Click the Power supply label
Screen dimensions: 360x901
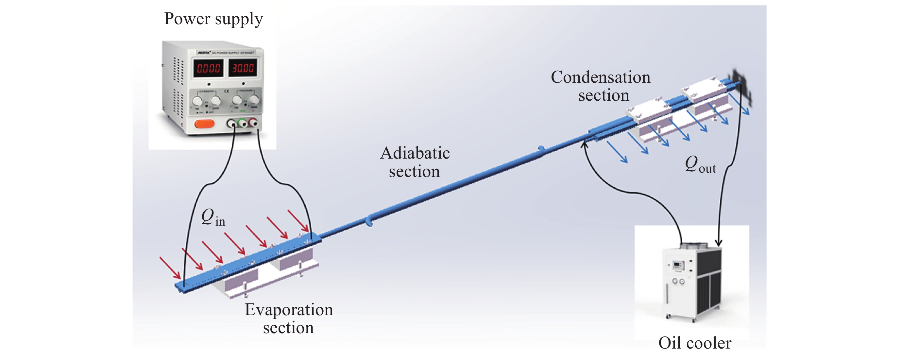[213, 19]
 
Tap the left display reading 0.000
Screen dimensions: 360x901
[208, 68]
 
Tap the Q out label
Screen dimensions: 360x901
[700, 164]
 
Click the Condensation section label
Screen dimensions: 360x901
[601, 86]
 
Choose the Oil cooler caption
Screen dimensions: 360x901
[695, 343]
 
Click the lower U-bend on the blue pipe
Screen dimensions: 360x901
[369, 221]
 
